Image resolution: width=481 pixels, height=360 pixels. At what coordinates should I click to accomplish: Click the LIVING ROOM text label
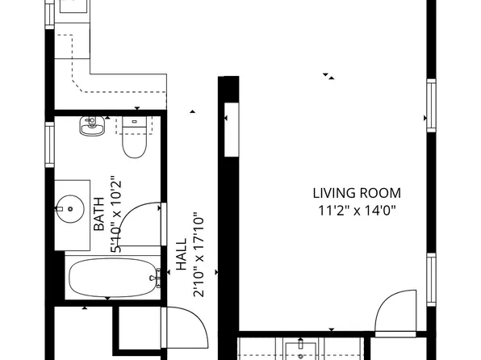point(356,193)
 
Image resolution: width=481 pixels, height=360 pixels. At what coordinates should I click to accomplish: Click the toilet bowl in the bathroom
point(132,147)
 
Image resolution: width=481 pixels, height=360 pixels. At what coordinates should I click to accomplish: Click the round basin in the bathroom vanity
point(71,209)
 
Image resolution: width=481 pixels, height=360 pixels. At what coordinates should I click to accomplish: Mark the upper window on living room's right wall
point(430,106)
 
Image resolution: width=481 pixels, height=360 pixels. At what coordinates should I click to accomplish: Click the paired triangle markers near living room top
point(329,77)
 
